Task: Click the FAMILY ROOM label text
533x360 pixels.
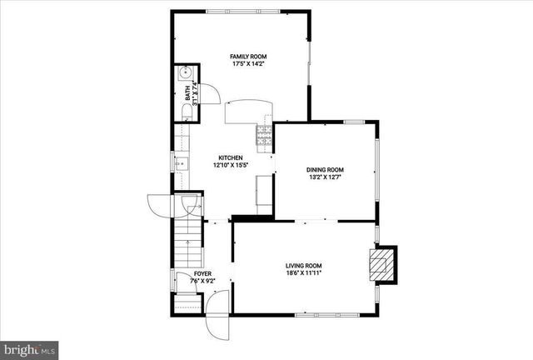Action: [x=248, y=57]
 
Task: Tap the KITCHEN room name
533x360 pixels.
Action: [x=231, y=157]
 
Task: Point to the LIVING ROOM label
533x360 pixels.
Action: [x=304, y=264]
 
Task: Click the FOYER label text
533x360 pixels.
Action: [x=203, y=273]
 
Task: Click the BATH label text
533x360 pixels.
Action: [x=187, y=92]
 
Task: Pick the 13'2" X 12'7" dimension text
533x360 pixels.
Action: [x=326, y=176]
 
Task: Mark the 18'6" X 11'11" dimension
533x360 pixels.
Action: [x=304, y=272]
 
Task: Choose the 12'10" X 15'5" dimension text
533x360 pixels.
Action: [x=231, y=166]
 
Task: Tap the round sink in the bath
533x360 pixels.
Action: [x=184, y=73]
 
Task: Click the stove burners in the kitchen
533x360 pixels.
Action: [x=265, y=134]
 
